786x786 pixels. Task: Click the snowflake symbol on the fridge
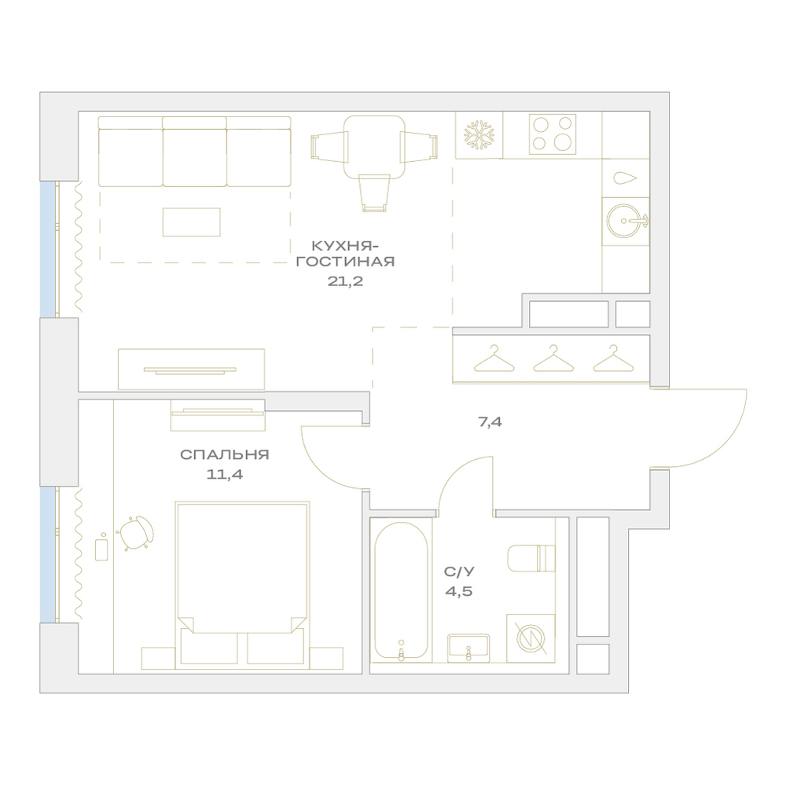[x=479, y=135]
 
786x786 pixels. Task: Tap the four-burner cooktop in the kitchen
[x=553, y=134]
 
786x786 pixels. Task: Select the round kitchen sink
[x=625, y=221]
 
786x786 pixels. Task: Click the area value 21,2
[x=345, y=281]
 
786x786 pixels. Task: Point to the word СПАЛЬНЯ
[x=225, y=454]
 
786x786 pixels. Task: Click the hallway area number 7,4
[x=490, y=422]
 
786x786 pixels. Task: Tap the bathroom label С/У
[x=459, y=572]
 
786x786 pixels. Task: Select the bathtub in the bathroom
[x=401, y=592]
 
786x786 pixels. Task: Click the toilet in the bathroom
[x=531, y=558]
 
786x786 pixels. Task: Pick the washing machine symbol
[x=531, y=638]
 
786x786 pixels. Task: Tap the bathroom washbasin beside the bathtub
[x=468, y=648]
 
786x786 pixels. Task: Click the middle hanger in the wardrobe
[x=553, y=358]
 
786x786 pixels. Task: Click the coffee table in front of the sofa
[x=192, y=222]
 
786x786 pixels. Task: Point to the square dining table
[x=374, y=147]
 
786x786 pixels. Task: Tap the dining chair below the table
[x=374, y=193]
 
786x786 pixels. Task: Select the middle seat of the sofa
[x=194, y=152]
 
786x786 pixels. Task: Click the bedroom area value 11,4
[x=225, y=474]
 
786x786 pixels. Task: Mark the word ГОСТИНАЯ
[x=345, y=262]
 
